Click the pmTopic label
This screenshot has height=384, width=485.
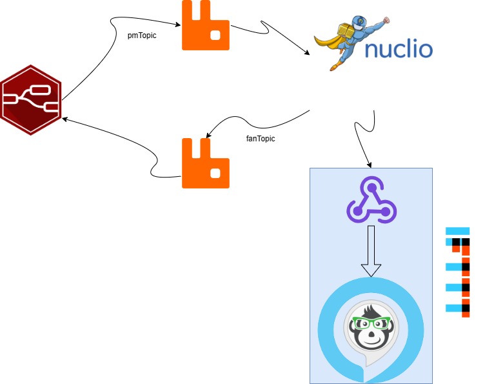coord(142,35)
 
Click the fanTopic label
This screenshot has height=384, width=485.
coord(261,138)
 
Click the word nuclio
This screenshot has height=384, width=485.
coord(399,49)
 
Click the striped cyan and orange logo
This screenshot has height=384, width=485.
coord(459,271)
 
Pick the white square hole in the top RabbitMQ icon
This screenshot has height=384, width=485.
coord(217,35)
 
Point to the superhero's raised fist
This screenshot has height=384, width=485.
coord(386,19)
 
